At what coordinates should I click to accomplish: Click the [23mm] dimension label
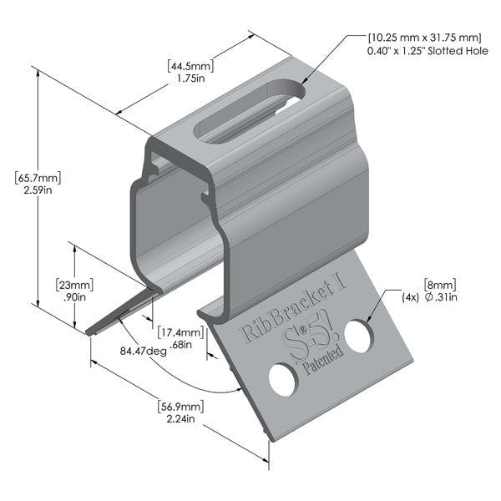[x=74, y=283]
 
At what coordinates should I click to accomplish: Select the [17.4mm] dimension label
[x=180, y=332]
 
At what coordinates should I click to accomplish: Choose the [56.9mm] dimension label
[x=180, y=407]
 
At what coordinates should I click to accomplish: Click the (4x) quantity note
[x=410, y=296]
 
